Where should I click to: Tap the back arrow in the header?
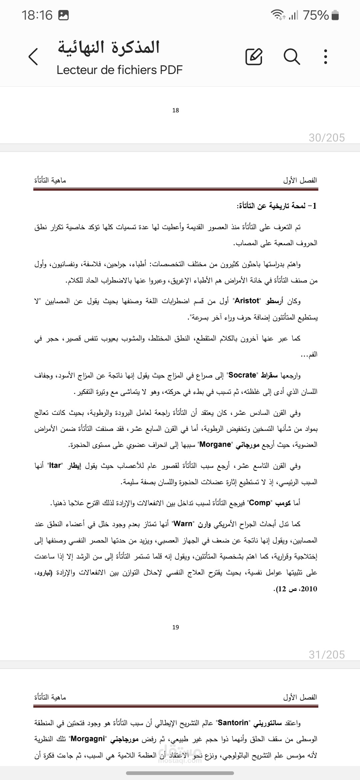(x=33, y=56)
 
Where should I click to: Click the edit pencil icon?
(x=254, y=56)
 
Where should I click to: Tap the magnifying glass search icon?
(x=292, y=56)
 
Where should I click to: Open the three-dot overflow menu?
(x=326, y=56)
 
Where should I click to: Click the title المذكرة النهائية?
(x=109, y=47)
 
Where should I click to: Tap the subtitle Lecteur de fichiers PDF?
(x=120, y=70)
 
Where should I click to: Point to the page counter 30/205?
(x=327, y=138)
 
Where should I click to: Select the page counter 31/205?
(x=327, y=655)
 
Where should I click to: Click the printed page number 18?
(x=176, y=110)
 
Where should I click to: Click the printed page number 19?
(x=176, y=627)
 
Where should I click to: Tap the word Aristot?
(x=247, y=301)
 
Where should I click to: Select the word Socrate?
(x=242, y=375)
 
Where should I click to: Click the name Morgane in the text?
(x=215, y=444)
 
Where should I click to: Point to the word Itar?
(x=55, y=465)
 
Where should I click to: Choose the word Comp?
(x=260, y=503)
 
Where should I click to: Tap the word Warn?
(x=183, y=524)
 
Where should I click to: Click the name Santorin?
(x=233, y=723)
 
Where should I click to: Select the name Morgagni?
(x=88, y=739)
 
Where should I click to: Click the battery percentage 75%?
(x=316, y=15)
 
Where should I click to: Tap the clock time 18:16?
(x=37, y=15)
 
